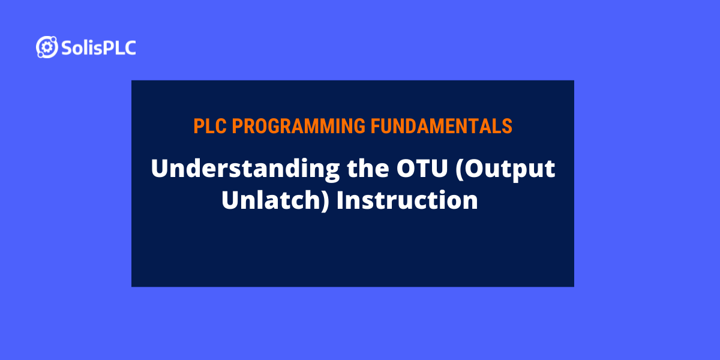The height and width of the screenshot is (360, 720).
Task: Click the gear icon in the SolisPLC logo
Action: click(x=47, y=47)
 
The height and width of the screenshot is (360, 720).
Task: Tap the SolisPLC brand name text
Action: click(x=98, y=48)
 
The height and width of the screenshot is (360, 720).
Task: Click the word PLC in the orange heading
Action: click(x=210, y=126)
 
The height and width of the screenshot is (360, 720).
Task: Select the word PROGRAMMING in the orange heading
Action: click(x=298, y=126)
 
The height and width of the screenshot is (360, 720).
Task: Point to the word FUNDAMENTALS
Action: click(x=442, y=126)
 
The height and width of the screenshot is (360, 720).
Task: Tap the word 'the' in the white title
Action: click(x=368, y=168)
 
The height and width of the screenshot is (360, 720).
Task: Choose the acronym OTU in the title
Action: click(x=422, y=168)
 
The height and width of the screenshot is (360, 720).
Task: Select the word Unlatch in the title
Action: click(x=272, y=200)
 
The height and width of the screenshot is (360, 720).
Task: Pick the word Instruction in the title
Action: click(x=407, y=200)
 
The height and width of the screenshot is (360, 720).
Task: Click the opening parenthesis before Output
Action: click(x=460, y=169)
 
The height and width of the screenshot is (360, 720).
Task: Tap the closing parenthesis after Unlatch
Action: click(x=326, y=201)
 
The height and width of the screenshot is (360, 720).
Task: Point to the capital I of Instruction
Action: click(x=340, y=200)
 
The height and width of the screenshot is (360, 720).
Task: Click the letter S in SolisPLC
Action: click(x=67, y=48)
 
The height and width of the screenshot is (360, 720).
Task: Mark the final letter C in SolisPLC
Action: click(x=129, y=48)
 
